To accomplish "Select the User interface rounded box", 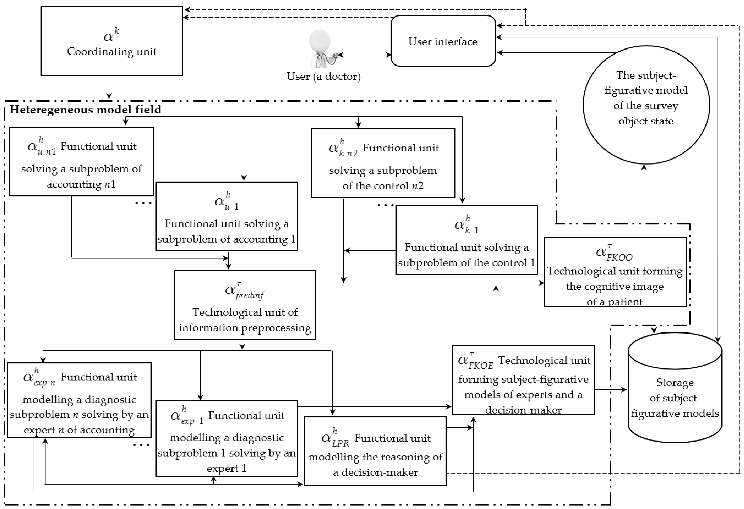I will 443,41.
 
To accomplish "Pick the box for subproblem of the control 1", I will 466,240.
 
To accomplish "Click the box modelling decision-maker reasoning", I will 375,451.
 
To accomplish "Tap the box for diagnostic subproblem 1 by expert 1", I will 227,438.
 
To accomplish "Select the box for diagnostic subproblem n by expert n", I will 79,400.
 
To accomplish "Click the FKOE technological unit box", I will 523,380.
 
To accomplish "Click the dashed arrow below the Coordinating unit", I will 109,87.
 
